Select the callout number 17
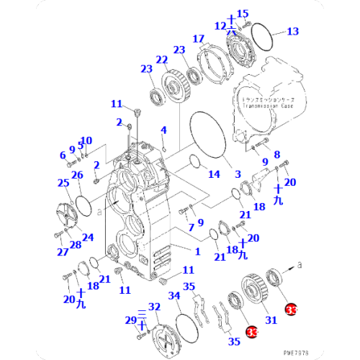[x=198, y=38]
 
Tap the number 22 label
[x=162, y=60]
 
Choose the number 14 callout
[x=215, y=174]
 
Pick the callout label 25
[x=63, y=183]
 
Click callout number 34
[x=174, y=296]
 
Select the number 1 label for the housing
[x=197, y=251]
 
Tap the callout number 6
[x=62, y=155]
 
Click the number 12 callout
[x=220, y=26]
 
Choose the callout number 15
[x=243, y=13]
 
